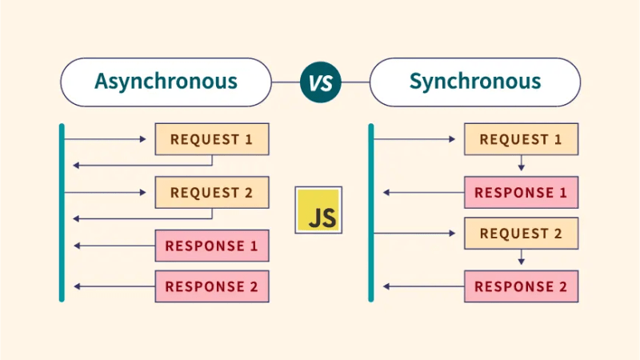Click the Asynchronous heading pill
tap(166, 82)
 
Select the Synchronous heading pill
tap(474, 82)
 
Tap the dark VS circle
tap(320, 82)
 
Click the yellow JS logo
tap(318, 210)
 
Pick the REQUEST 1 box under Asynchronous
tap(211, 139)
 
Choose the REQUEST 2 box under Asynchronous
tap(211, 193)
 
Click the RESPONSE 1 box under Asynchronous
tap(211, 246)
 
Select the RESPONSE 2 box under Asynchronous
tap(211, 286)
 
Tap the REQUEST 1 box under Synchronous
tap(521, 139)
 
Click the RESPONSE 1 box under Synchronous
tap(521, 193)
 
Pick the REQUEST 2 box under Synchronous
tap(521, 234)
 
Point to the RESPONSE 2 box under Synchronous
tap(521, 286)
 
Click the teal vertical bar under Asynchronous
tap(62, 212)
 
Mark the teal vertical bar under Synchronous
tap(371, 212)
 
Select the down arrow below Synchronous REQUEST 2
tap(521, 258)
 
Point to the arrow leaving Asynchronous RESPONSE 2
tap(112, 286)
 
